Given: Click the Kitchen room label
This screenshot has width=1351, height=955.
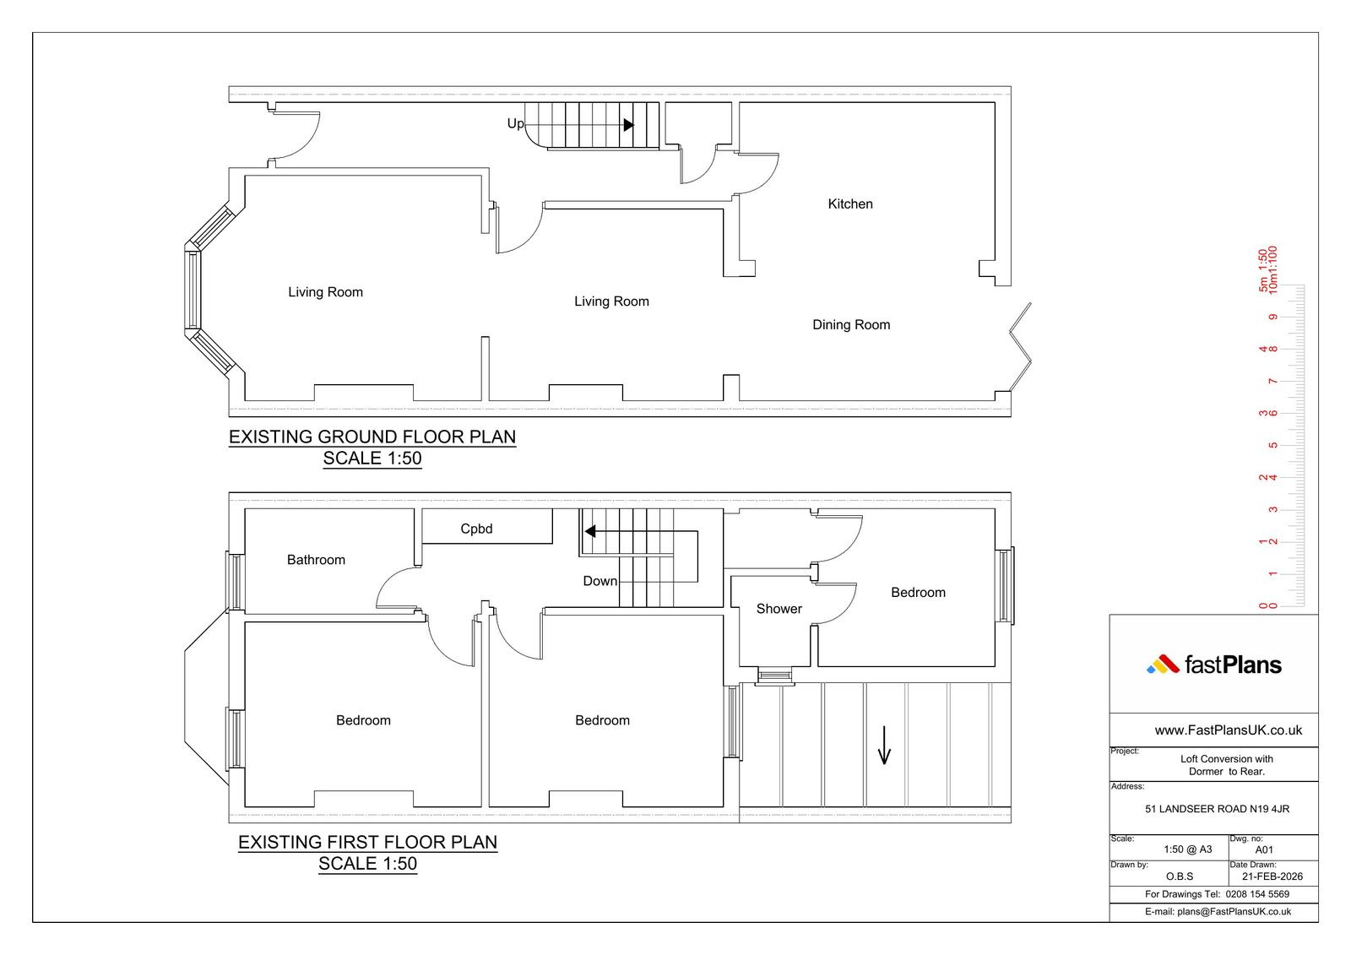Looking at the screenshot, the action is (849, 203).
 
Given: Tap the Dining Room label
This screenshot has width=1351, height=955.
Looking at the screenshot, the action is (851, 324).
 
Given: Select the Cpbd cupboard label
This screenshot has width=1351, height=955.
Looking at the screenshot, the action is (476, 529).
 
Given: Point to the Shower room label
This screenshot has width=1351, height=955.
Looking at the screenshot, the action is (779, 609).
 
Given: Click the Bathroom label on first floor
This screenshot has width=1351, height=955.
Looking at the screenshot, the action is (316, 560).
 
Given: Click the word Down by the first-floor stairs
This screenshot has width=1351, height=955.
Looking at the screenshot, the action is (600, 581).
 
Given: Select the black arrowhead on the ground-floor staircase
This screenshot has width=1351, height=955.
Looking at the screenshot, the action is (628, 125).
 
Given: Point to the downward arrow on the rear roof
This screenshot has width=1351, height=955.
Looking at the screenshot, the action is (884, 745).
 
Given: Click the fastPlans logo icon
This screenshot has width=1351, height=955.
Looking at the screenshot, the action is (1162, 665).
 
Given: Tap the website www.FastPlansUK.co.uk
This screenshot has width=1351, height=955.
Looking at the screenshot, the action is (1228, 730).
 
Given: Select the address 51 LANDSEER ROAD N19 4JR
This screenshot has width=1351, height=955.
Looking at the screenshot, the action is (1217, 809).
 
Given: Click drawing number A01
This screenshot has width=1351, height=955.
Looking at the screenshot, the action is (1264, 849).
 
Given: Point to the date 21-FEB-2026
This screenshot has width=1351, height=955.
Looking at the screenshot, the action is (1272, 876).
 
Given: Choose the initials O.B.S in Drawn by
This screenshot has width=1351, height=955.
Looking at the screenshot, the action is (1179, 876).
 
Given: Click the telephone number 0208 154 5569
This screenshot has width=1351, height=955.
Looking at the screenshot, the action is (1257, 894).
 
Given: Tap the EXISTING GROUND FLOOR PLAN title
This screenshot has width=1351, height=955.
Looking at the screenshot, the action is (372, 437).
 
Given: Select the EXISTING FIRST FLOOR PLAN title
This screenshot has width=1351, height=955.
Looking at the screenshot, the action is (368, 842).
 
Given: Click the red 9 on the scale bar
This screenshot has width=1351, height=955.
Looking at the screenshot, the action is (1272, 317).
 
